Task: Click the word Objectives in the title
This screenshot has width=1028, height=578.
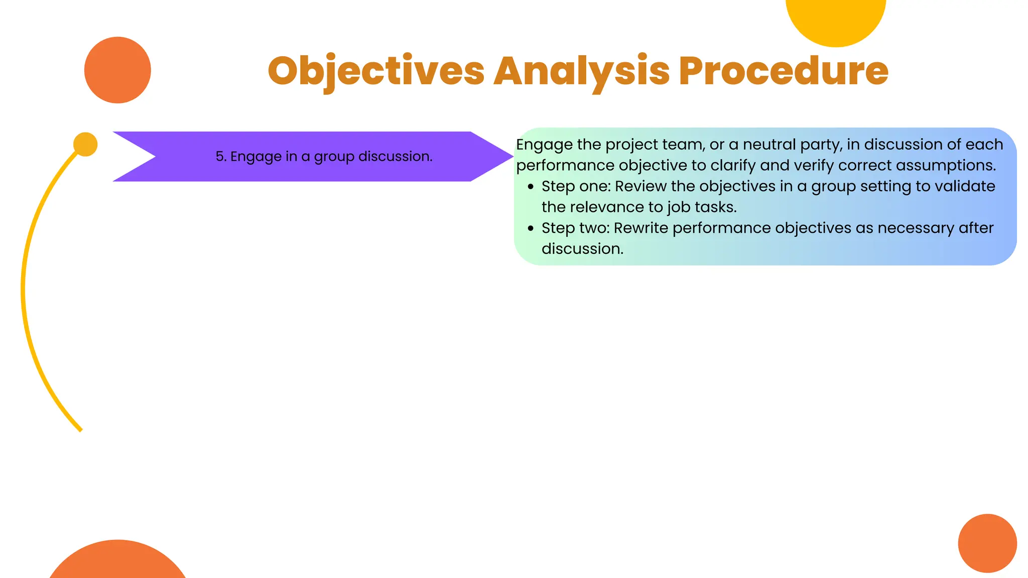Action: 376,71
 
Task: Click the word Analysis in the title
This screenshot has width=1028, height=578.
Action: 581,71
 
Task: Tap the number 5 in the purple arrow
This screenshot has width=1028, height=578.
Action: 219,157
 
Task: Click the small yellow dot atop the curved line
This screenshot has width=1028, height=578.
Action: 85,144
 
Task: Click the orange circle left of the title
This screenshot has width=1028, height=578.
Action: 117,70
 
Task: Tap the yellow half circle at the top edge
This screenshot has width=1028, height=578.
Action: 836,20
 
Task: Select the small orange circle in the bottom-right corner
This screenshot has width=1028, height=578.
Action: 987,543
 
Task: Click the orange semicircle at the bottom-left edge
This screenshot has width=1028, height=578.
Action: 117,562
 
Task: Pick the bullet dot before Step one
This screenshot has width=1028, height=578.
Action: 531,187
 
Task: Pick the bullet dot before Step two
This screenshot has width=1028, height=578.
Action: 531,228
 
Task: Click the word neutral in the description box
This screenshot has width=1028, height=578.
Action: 768,144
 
